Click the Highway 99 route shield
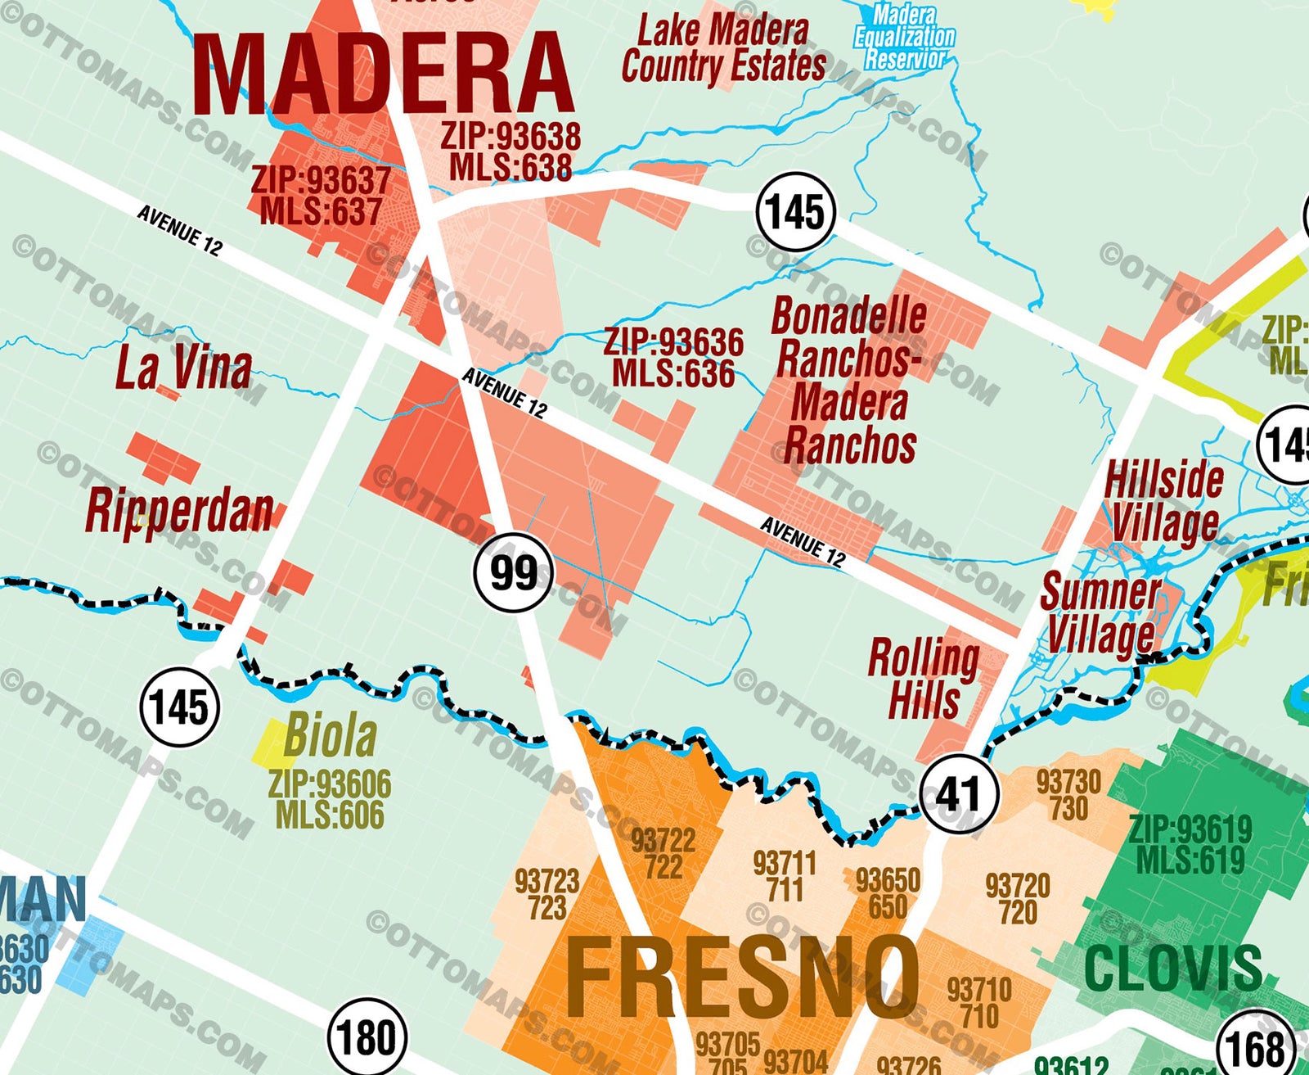point(513,572)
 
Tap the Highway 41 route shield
point(958,793)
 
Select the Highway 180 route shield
point(367,1038)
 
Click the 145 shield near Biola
point(179,706)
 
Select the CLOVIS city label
point(1173,968)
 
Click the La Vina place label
point(183,368)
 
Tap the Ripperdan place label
point(179,511)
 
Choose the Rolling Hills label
point(924,679)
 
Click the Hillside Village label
point(1163,500)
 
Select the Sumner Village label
point(1100,613)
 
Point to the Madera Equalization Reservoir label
point(904,37)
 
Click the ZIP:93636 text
point(673,341)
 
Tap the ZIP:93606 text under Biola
point(330,784)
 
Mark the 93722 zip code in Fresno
point(663,841)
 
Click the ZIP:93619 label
point(1190,829)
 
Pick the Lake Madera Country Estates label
point(723,49)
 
